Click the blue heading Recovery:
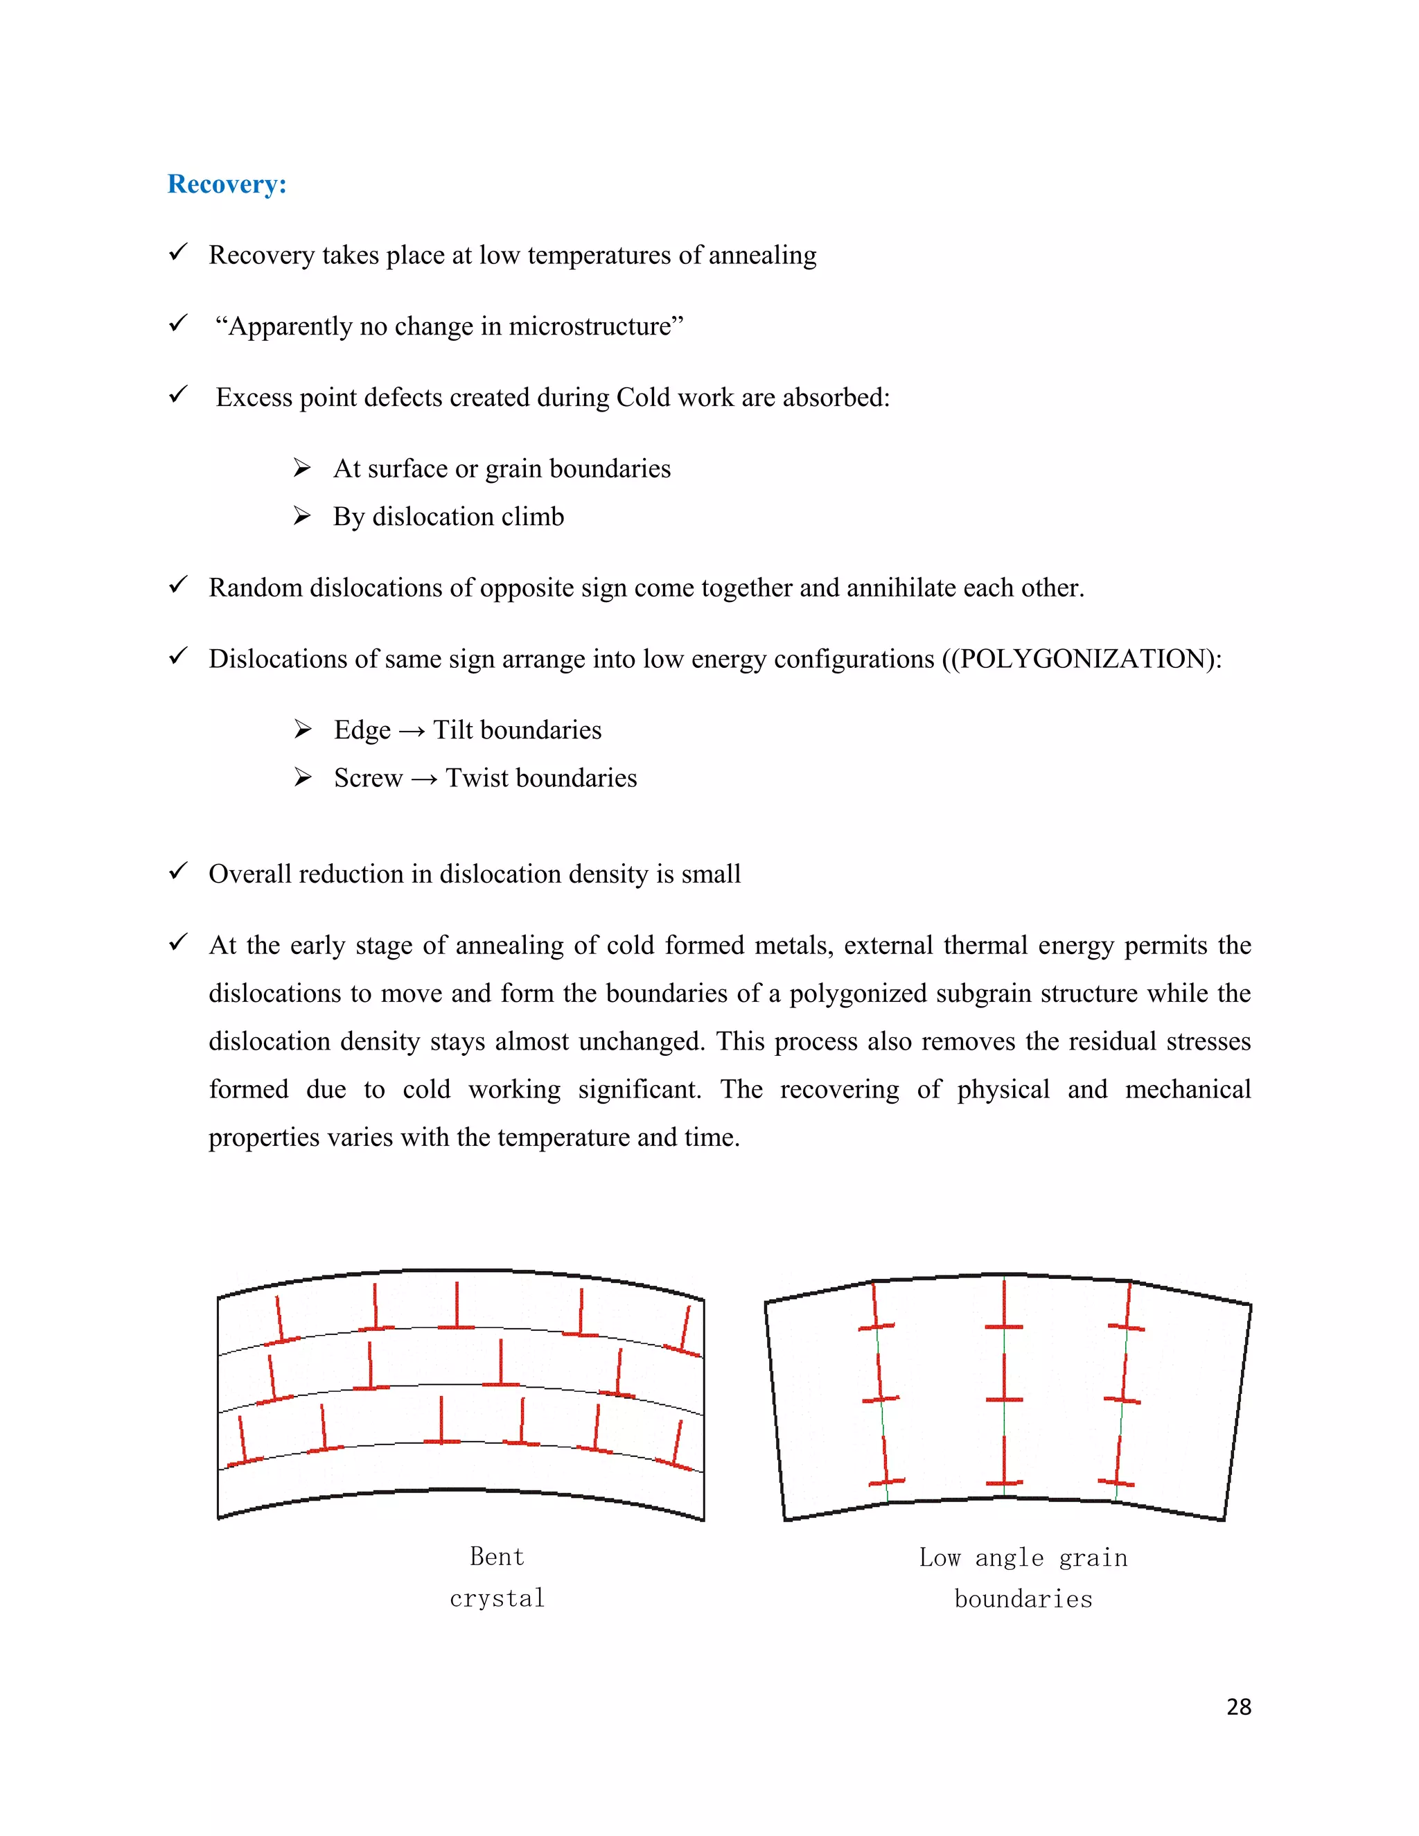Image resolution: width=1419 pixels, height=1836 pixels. (x=227, y=184)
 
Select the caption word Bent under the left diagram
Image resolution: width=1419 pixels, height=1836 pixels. (x=497, y=1557)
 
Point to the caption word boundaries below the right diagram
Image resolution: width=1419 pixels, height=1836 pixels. (x=1023, y=1599)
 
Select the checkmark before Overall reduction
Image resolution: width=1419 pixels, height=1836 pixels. (x=178, y=872)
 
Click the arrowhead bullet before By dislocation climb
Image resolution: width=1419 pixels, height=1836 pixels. (x=303, y=515)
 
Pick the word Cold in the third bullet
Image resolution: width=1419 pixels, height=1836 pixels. (x=642, y=397)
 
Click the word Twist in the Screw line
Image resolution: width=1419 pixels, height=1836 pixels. (x=476, y=777)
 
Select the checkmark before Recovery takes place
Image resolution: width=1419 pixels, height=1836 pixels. (x=178, y=252)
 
